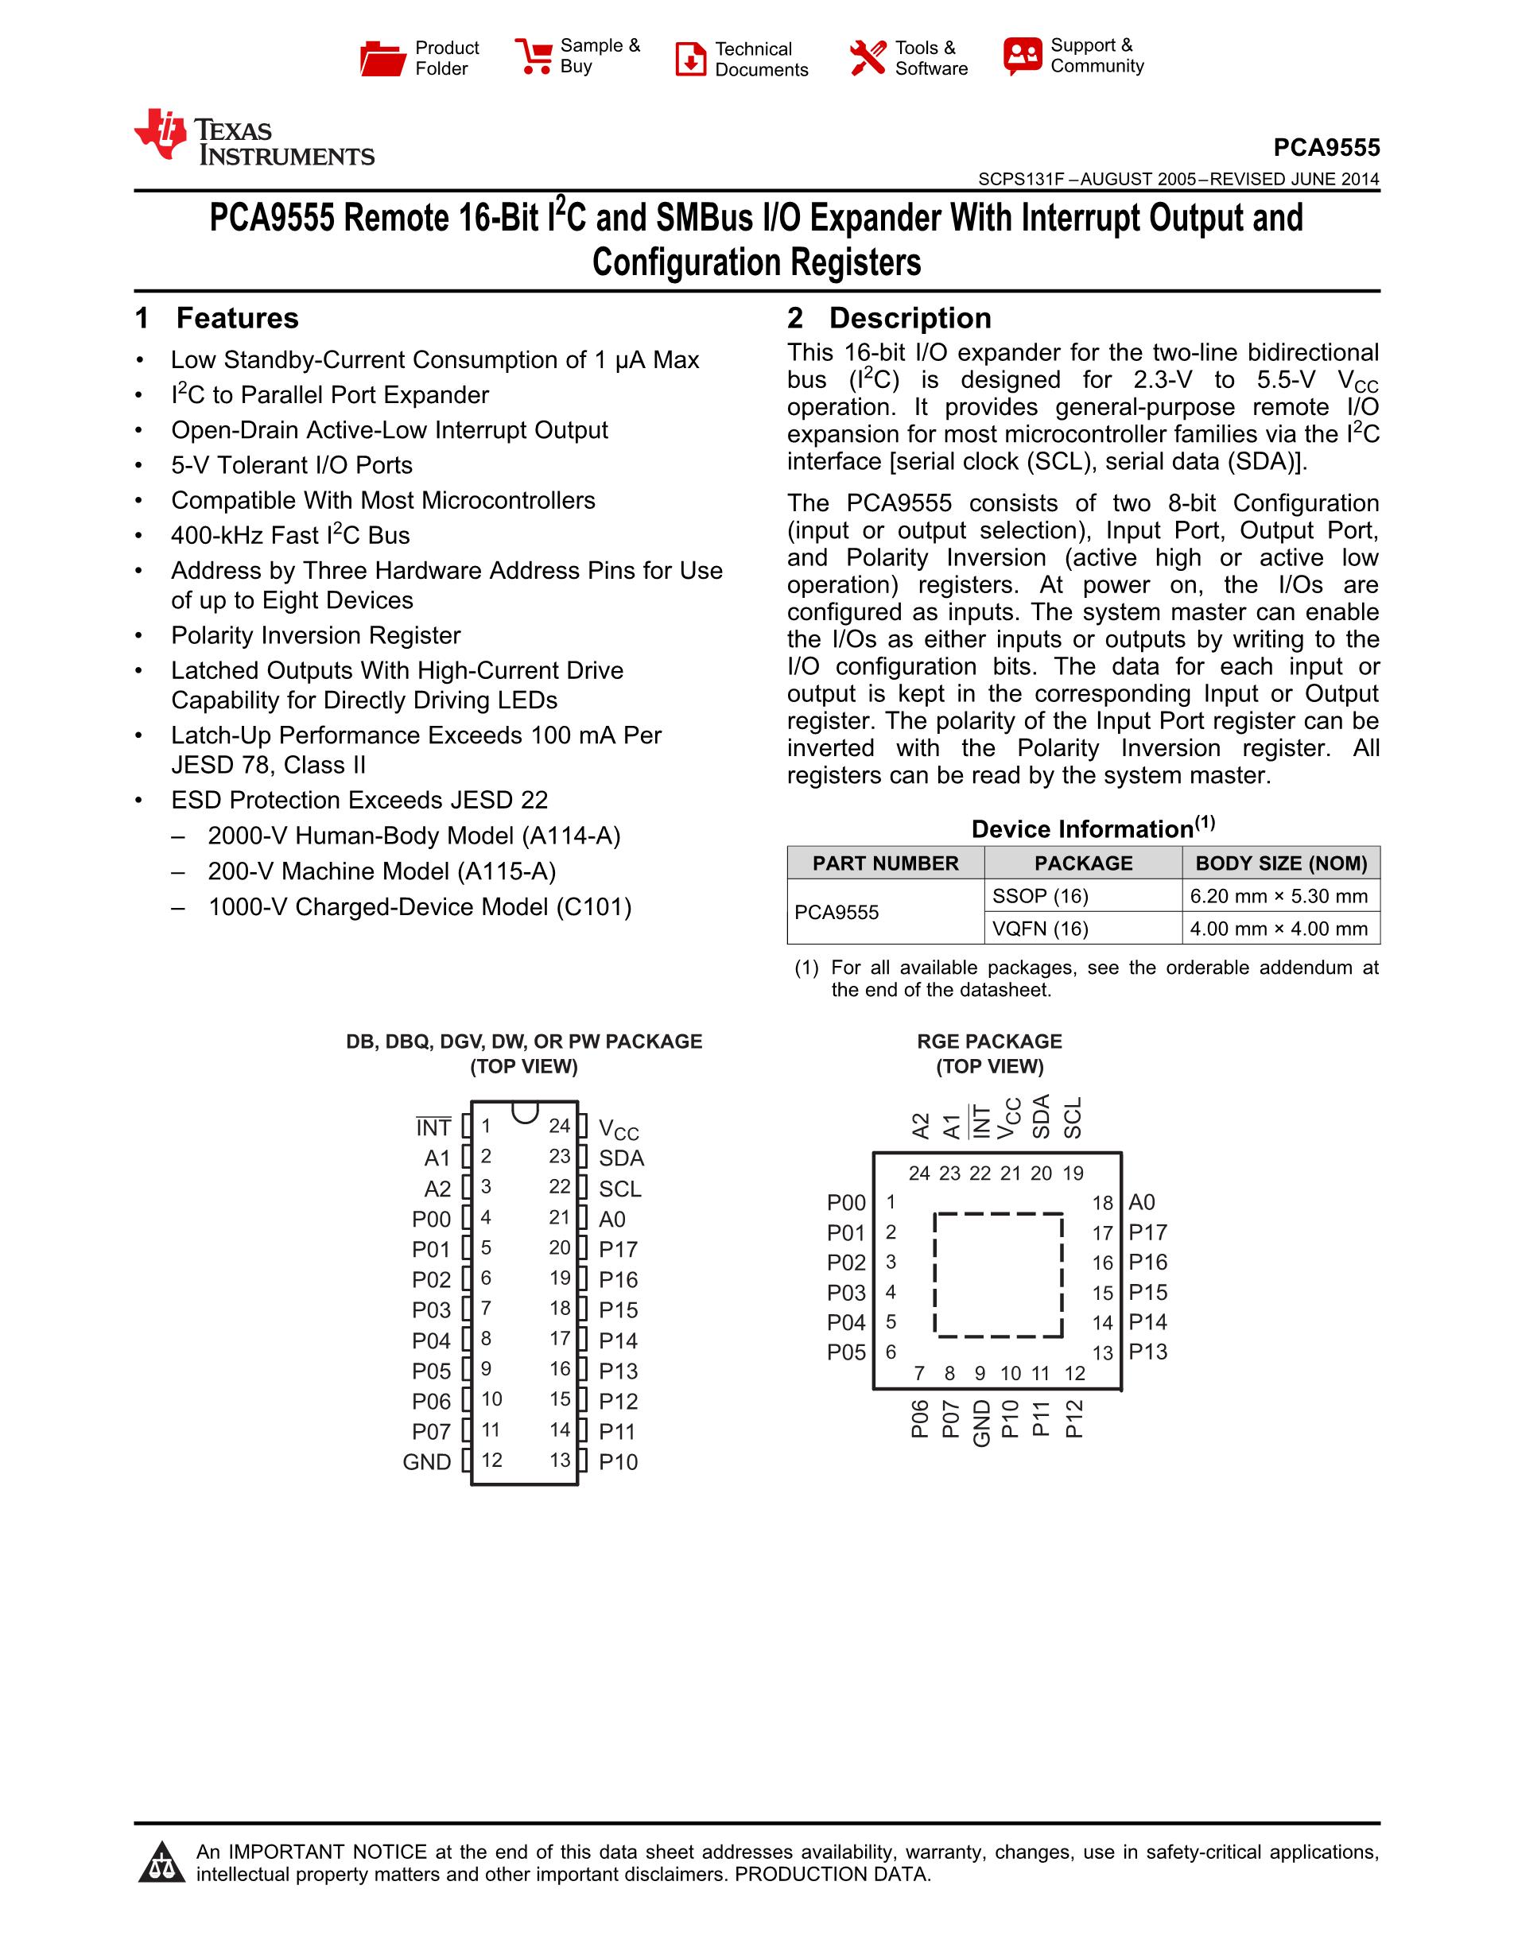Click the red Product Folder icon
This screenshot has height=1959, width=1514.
click(383, 58)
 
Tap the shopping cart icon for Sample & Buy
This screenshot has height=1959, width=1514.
click(534, 56)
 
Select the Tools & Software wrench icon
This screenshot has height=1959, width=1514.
click(868, 58)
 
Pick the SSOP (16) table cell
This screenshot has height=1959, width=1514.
click(1040, 896)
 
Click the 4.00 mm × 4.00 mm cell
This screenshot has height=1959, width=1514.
click(1279, 929)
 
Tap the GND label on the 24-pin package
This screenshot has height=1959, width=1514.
click(427, 1462)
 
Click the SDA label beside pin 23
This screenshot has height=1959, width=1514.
click(622, 1158)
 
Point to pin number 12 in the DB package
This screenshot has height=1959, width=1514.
click(491, 1461)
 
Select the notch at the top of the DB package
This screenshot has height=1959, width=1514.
click(525, 1112)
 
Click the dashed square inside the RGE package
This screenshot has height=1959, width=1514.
click(998, 1274)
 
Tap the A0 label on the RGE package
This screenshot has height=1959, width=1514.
click(1142, 1202)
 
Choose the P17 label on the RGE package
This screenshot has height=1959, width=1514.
click(1148, 1232)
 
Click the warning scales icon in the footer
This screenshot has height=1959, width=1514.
click(161, 1863)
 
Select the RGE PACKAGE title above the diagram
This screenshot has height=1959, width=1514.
click(989, 1042)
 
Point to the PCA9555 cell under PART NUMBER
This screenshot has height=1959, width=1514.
click(837, 912)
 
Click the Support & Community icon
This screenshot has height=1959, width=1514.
click(1023, 56)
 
